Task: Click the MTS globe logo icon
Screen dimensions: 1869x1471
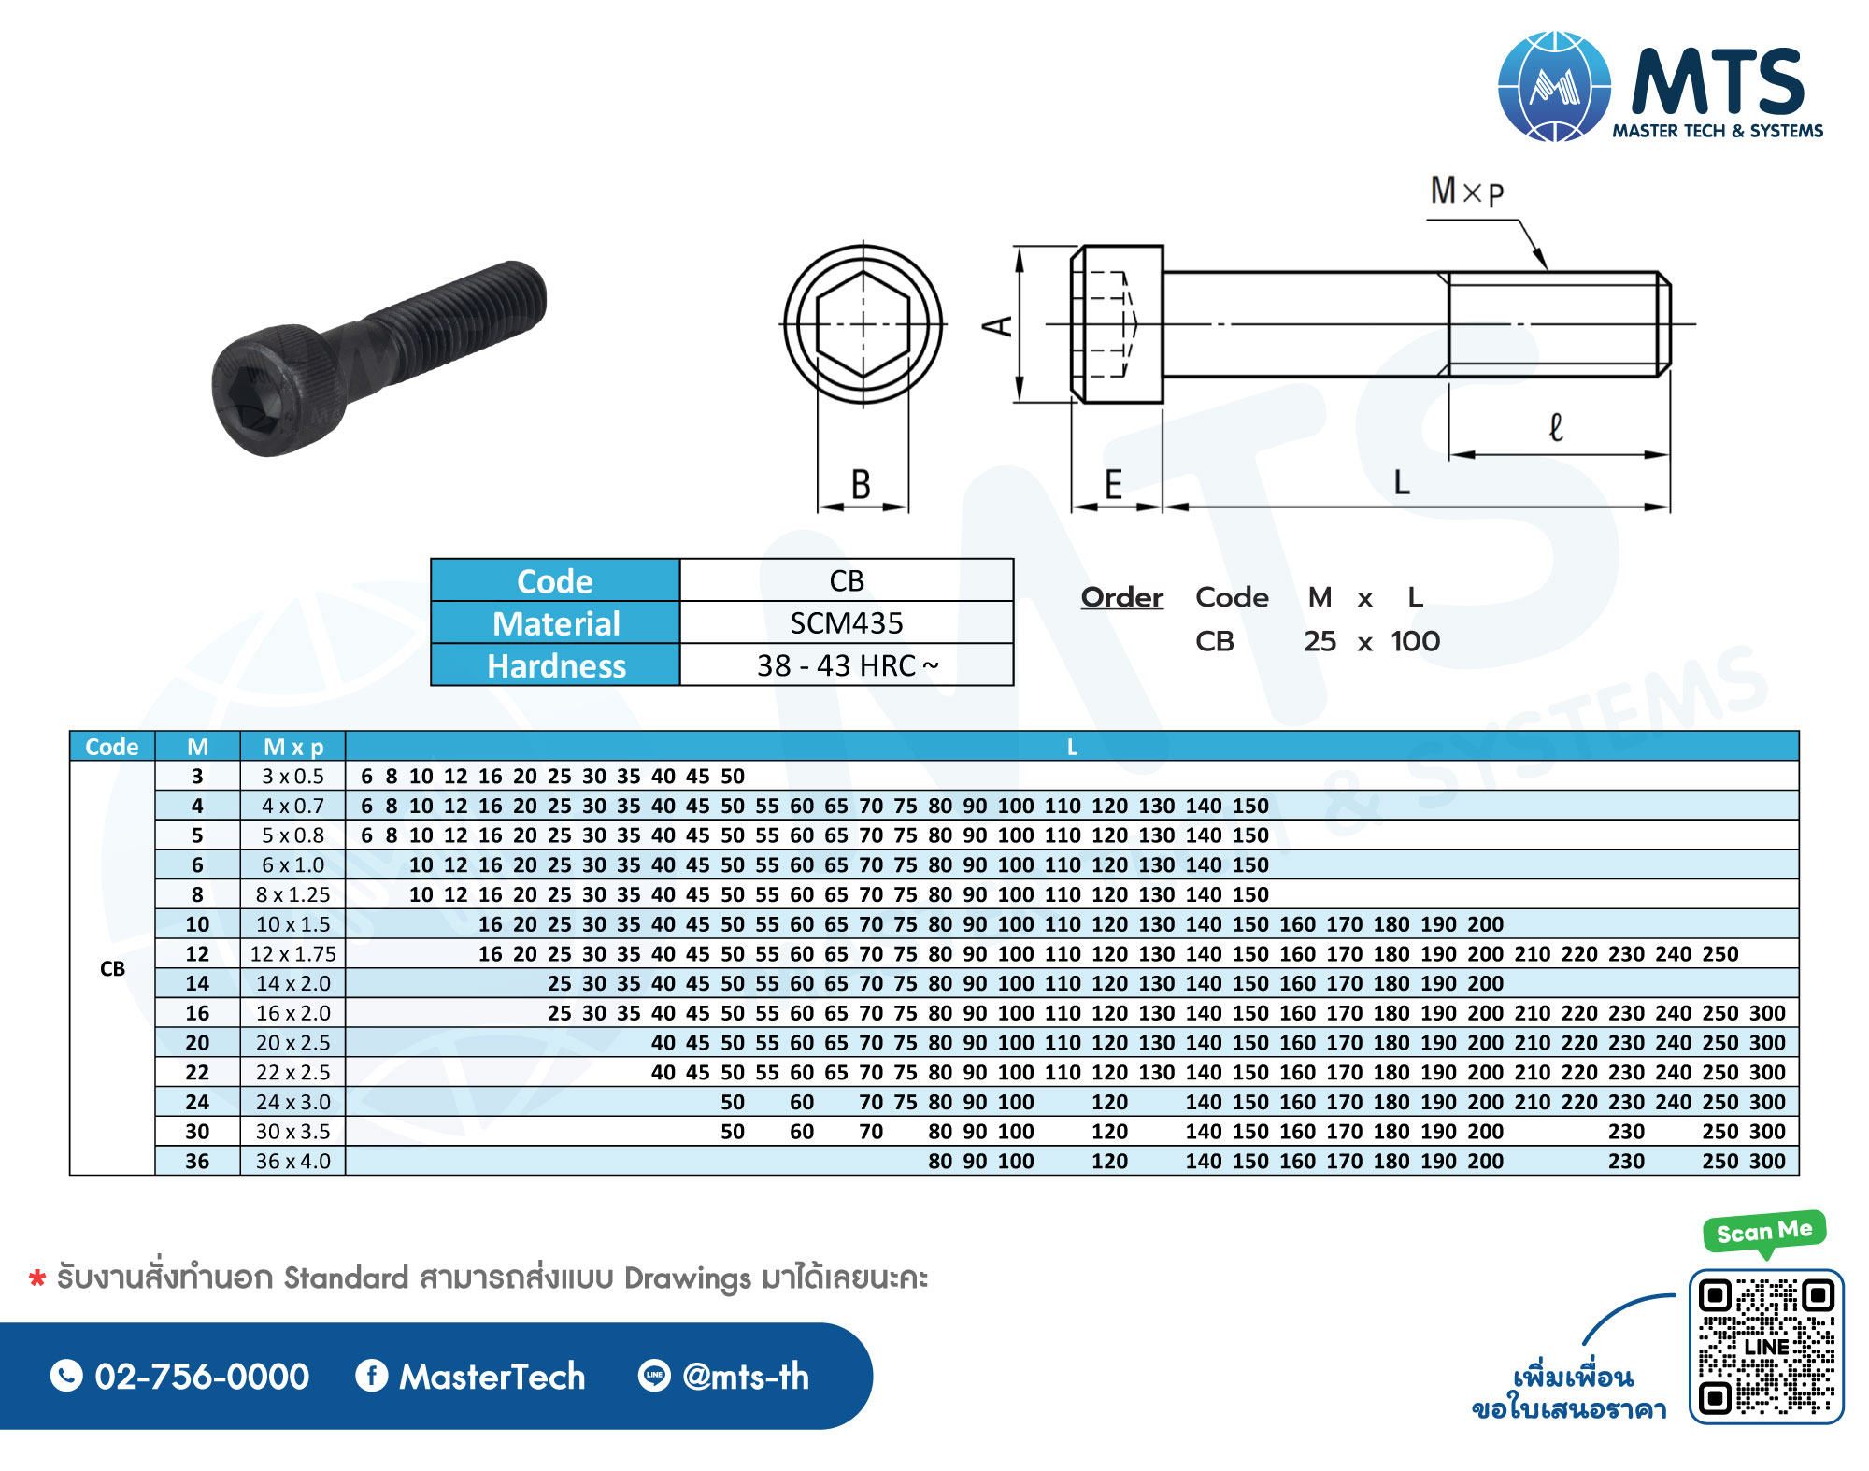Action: [1554, 86]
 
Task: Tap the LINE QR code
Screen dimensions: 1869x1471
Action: [1766, 1347]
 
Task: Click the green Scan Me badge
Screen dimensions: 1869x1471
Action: [1764, 1232]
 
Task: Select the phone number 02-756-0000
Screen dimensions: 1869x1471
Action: [202, 1377]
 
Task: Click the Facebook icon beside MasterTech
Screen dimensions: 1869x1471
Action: [372, 1376]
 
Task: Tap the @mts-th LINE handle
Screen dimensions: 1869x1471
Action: [746, 1377]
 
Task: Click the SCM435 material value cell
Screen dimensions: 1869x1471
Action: [847, 622]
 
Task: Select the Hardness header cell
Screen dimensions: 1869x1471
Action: [556, 665]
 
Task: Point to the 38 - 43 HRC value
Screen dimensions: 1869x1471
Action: [848, 665]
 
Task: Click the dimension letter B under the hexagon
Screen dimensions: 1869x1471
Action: [861, 485]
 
